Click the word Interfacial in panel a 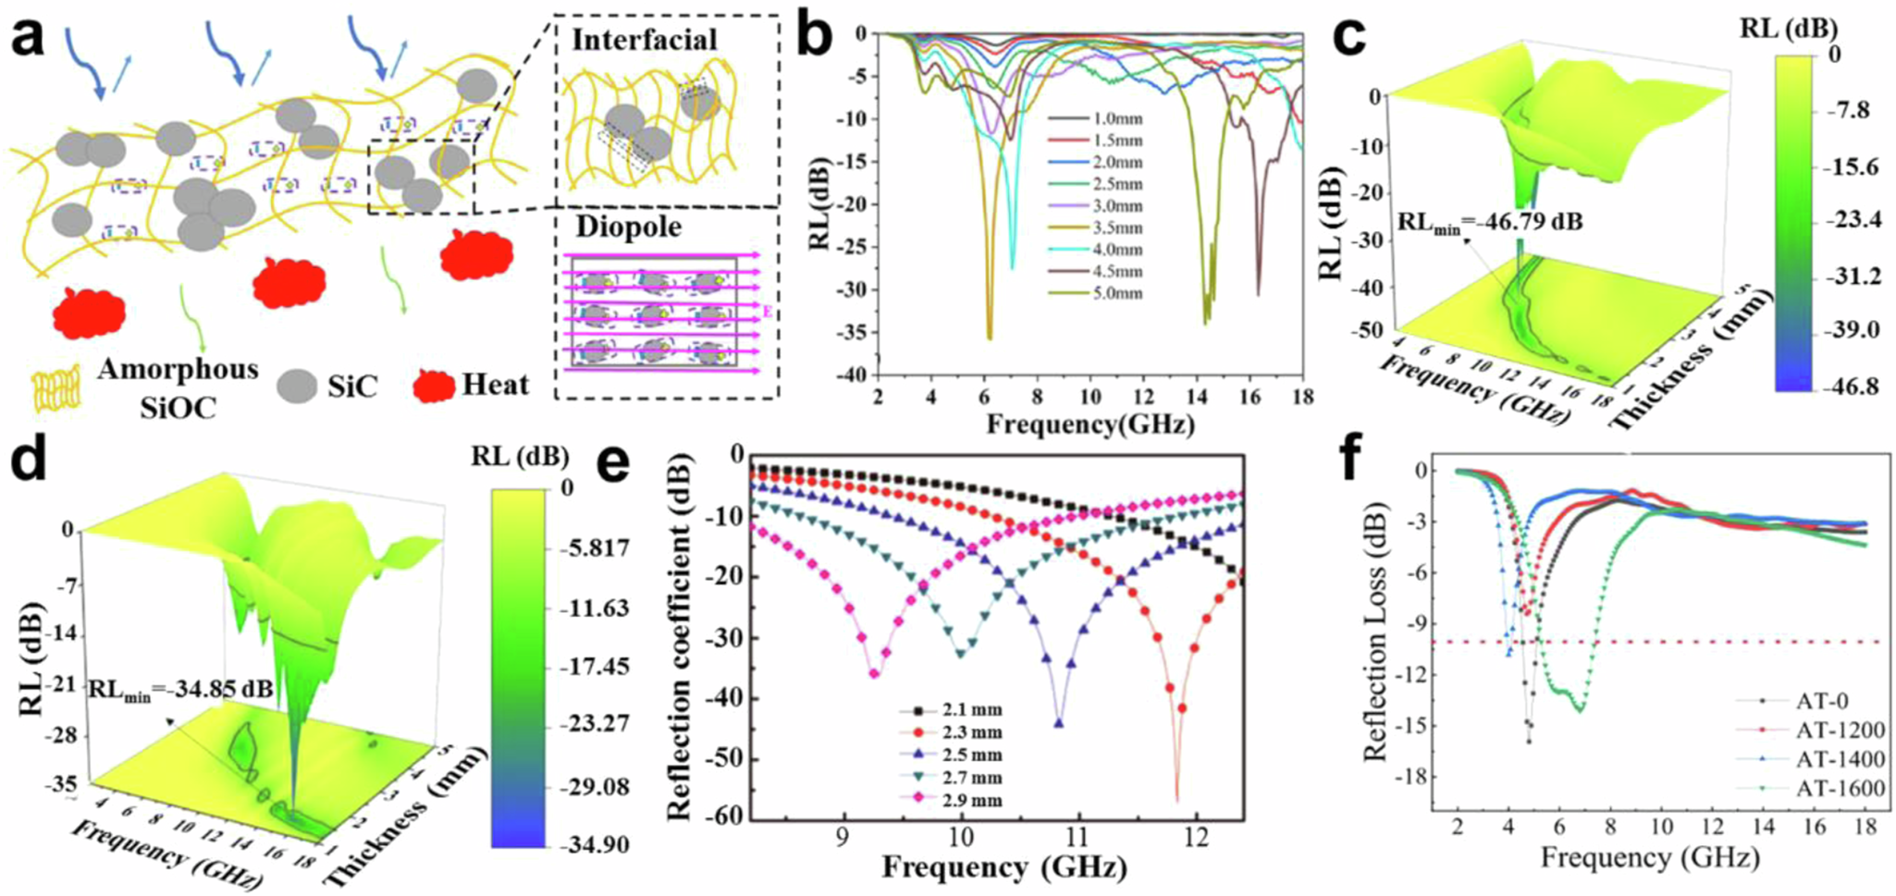[644, 40]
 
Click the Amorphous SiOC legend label [178, 387]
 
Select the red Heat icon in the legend [432, 386]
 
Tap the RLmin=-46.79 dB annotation [1489, 222]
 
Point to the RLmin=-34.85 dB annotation [181, 689]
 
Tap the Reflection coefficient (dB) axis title [680, 636]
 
